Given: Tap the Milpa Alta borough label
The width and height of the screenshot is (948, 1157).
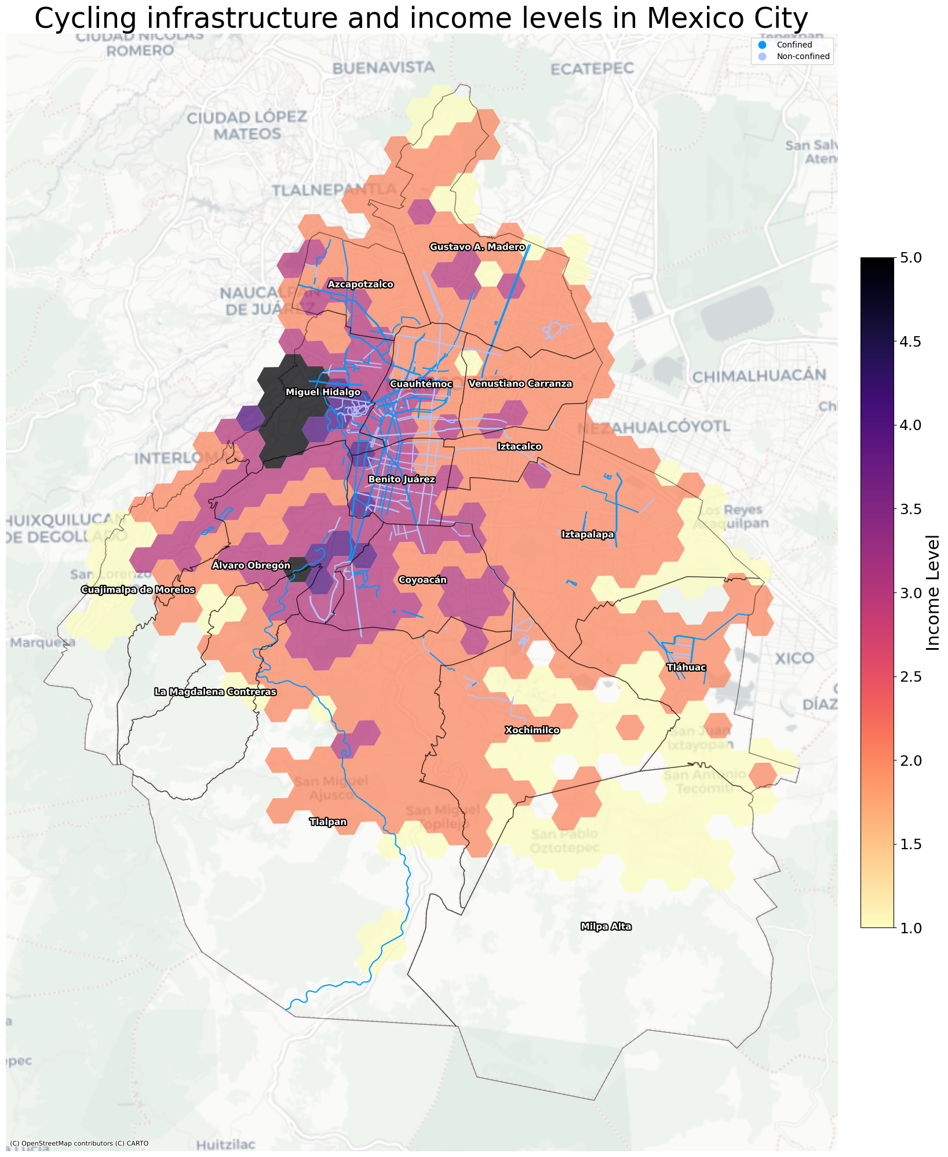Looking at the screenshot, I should tap(606, 927).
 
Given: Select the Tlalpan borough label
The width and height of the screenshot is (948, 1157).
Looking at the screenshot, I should tap(328, 822).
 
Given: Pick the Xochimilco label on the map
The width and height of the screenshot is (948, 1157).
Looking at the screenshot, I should tap(532, 730).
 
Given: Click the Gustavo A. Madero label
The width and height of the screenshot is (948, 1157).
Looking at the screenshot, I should tap(477, 248).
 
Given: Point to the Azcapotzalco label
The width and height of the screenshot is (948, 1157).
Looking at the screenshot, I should tap(360, 285).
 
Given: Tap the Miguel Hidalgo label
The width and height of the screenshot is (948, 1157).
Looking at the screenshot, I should tap(323, 393).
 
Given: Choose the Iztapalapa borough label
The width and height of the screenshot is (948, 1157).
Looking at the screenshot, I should tap(588, 534).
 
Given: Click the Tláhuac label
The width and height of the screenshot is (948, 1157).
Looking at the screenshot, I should tap(686, 668).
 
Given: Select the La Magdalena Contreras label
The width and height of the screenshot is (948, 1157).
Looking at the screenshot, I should tap(216, 692).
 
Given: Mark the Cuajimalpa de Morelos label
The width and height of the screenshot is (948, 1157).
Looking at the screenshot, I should tap(138, 590).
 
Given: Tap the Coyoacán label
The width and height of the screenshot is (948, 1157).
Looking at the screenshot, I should tap(423, 580).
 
